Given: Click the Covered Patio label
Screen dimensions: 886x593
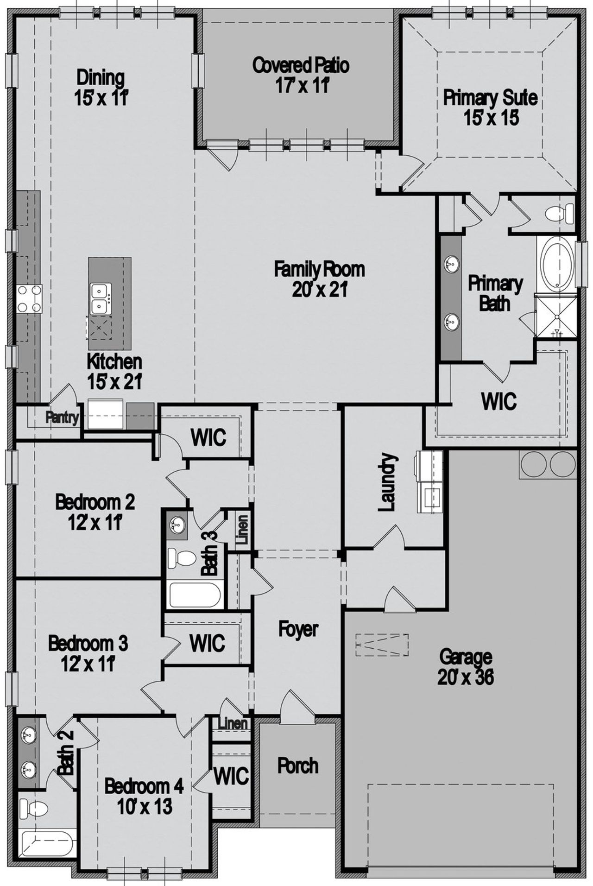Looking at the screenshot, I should pyautogui.click(x=301, y=65).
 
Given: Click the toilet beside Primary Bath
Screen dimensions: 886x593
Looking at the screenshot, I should pyautogui.click(x=556, y=214).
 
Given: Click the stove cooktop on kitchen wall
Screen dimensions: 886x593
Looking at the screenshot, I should pyautogui.click(x=28, y=298).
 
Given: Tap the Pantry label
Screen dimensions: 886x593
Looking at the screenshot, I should pyautogui.click(x=62, y=418).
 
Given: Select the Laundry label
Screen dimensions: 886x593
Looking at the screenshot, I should pyautogui.click(x=388, y=482).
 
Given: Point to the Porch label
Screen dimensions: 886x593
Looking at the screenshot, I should pyautogui.click(x=298, y=766).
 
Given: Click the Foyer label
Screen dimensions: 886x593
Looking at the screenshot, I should pyautogui.click(x=298, y=629).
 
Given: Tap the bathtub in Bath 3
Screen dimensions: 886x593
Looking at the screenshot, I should pyautogui.click(x=195, y=595).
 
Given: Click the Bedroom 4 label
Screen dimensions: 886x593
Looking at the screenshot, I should pyautogui.click(x=144, y=786).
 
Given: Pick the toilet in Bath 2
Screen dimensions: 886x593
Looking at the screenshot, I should pyautogui.click(x=35, y=809).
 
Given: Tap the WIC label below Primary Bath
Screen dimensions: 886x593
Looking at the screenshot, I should pyautogui.click(x=499, y=401).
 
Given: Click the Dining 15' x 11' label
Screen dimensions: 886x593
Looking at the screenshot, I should pyautogui.click(x=101, y=87).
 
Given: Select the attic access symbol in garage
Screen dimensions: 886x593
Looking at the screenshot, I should pyautogui.click(x=382, y=645).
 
